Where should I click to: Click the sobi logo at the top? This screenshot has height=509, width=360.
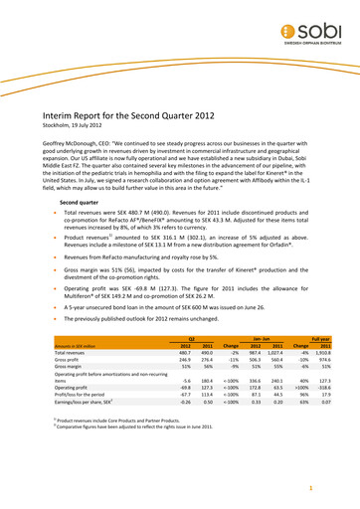point(317,21)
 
